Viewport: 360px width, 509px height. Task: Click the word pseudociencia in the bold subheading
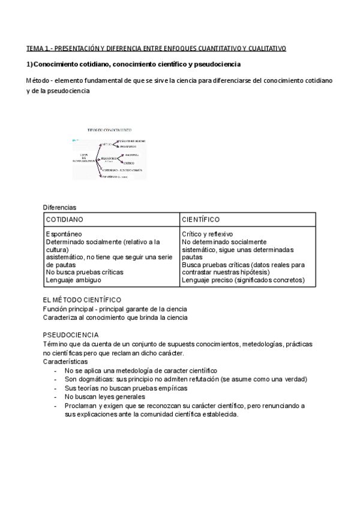(x=217, y=64)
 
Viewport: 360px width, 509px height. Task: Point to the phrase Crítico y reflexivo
(x=208, y=234)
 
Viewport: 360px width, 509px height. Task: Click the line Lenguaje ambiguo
(x=73, y=280)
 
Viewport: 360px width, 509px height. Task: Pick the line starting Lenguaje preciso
(x=243, y=280)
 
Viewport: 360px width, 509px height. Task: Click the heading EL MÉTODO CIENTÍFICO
(x=82, y=300)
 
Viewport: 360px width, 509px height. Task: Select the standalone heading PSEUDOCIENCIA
(x=71, y=334)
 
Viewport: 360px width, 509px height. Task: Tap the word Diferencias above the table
(x=59, y=207)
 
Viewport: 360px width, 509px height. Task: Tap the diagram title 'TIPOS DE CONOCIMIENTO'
(x=110, y=130)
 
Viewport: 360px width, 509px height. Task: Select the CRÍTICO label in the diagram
(x=129, y=163)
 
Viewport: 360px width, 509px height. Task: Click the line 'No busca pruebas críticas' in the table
(x=84, y=272)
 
